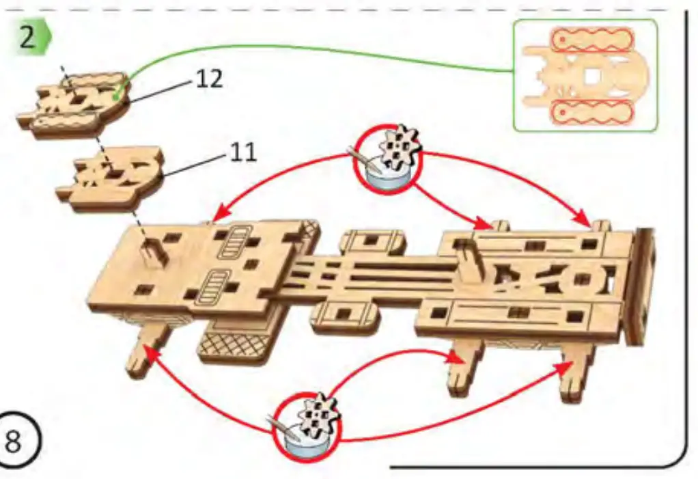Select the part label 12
tap(209, 79)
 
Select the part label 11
tap(243, 152)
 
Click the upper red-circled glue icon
tap(388, 159)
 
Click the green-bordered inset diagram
tap(585, 74)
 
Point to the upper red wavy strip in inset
tap(592, 40)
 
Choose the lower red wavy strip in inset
tap(592, 111)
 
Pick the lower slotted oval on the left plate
tap(214, 286)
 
